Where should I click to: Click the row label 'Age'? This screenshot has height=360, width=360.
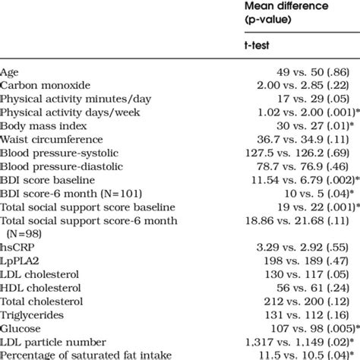(x=10, y=72)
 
